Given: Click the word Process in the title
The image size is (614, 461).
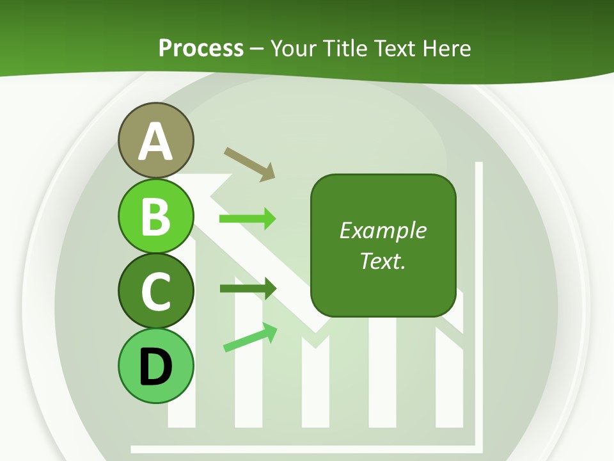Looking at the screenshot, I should (x=201, y=49).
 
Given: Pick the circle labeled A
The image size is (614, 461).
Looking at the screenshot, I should (x=156, y=141).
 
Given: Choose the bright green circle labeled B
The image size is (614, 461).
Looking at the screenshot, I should (x=156, y=216).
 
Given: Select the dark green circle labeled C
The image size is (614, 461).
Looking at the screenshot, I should (x=156, y=291).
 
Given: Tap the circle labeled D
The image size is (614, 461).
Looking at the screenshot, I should (x=156, y=366).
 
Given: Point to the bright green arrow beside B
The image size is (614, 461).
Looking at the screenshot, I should (x=248, y=219).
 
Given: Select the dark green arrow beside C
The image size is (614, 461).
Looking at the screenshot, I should (x=248, y=288).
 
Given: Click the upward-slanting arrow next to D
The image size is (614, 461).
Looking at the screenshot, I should (x=250, y=337).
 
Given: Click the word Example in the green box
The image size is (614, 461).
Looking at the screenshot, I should (x=382, y=230).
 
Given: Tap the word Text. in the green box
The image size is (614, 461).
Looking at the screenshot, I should (x=382, y=261).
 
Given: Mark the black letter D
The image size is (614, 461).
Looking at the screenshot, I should (x=156, y=366).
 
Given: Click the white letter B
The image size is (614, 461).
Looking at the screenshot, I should (x=156, y=216).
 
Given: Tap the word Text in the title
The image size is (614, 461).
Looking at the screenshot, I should (x=395, y=49).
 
